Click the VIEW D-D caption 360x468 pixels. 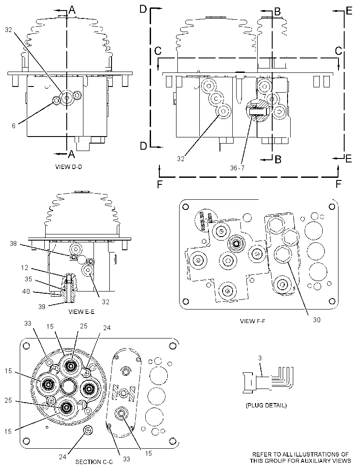[68, 167]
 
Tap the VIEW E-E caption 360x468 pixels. [82, 312]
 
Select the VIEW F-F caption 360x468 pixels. [252, 321]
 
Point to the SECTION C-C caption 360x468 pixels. [94, 462]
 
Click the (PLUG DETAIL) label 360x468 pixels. [266, 405]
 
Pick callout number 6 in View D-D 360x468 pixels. [14, 126]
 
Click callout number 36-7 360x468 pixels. [237, 168]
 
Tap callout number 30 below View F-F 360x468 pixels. [317, 320]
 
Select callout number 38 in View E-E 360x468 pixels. [13, 244]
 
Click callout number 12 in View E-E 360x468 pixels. [25, 268]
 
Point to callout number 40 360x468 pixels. [26, 291]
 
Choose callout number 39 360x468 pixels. [42, 306]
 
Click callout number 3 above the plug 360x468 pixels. [260, 358]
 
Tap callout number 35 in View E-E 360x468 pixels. [28, 279]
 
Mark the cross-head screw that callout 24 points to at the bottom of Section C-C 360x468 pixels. [88, 430]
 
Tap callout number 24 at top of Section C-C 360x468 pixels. [107, 328]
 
